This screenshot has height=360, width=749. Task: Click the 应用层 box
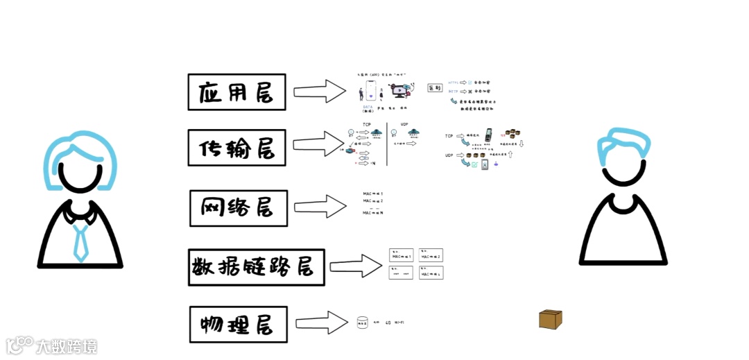coord(236,92)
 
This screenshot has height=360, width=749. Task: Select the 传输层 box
coord(236,147)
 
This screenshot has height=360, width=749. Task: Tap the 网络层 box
coord(238,207)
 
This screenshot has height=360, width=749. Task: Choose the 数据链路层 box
coord(256,267)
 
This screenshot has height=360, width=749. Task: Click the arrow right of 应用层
coord(319,91)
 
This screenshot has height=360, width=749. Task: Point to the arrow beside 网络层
coord(319,206)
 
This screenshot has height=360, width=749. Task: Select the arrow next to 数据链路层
coord(355,266)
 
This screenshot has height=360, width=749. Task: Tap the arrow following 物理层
coord(320,323)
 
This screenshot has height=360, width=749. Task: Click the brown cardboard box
coord(550,319)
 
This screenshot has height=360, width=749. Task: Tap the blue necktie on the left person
coord(80,243)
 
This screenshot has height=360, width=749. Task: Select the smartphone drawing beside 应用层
coord(370,92)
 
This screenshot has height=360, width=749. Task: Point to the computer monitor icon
coord(400,90)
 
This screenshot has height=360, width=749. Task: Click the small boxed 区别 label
coord(434,88)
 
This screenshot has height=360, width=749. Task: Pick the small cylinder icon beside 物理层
coord(361,323)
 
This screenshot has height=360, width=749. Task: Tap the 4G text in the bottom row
coord(388,323)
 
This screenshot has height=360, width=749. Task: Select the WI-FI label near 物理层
coord(399,323)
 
